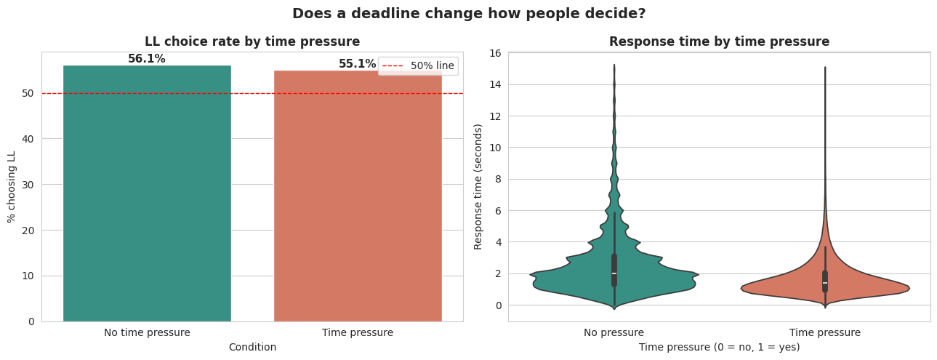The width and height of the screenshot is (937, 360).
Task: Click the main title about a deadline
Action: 468,13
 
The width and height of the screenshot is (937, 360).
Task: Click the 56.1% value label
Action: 147,59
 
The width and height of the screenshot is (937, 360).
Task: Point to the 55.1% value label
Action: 357,64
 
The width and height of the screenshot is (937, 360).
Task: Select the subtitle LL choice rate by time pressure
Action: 252,41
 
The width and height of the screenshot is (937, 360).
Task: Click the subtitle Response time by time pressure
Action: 719,41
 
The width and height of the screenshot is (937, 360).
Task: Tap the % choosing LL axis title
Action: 12,186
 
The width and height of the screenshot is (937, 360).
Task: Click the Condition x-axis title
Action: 252,347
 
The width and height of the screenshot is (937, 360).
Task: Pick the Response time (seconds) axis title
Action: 478,186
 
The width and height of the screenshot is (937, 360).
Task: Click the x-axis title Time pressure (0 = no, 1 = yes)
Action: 719,347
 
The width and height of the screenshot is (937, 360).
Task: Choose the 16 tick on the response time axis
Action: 495,53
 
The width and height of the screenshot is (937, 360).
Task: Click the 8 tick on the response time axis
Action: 498,179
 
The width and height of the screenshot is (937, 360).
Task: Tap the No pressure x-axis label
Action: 614,332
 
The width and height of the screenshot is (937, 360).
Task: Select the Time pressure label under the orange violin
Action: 824,332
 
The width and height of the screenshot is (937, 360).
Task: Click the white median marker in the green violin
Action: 614,273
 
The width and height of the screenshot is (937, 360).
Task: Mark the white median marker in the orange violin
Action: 825,283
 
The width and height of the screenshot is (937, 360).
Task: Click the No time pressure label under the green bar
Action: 147,332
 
